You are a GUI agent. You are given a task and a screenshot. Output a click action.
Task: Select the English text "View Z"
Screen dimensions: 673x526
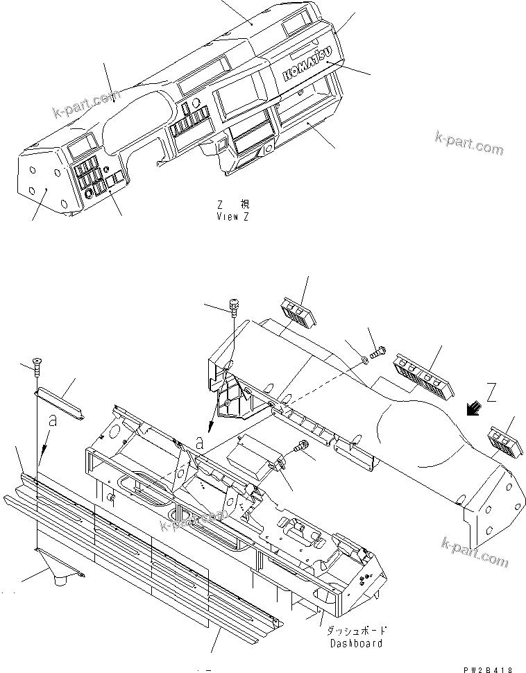(232, 216)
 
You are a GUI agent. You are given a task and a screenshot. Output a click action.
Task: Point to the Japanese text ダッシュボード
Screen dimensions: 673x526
(355, 631)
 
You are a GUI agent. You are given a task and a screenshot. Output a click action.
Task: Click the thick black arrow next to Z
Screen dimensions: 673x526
(475, 410)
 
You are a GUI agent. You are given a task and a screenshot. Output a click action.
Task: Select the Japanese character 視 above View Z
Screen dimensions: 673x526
(246, 205)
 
